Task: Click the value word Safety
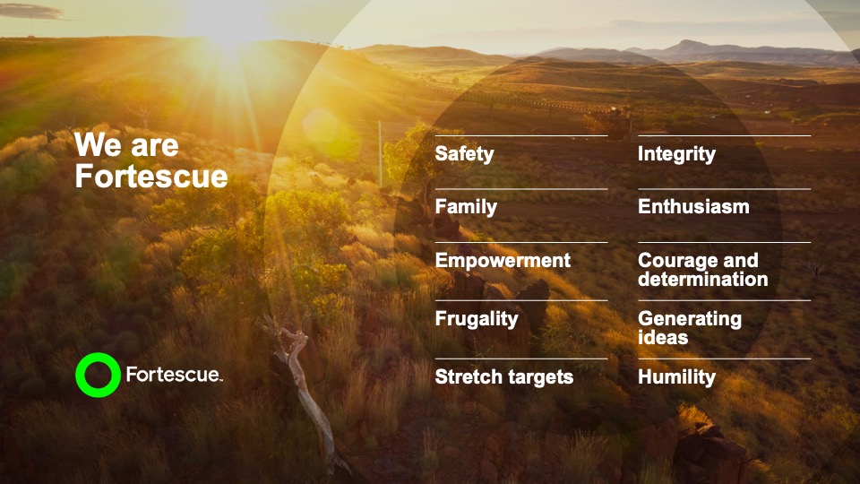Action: pos(464,154)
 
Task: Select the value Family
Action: pos(466,207)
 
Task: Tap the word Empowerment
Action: pos(503,261)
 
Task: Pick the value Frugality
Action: pos(477,319)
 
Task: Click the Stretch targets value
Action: pos(503,377)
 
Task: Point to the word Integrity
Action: pos(676,154)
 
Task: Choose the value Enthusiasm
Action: pos(693,207)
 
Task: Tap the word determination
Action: pos(702,280)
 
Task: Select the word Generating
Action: pos(690,319)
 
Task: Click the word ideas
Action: pos(663,338)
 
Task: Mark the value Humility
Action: pos(676,377)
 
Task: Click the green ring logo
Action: pos(98,375)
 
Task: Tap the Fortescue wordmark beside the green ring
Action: pos(172,375)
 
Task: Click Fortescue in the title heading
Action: pos(150,177)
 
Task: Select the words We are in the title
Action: pos(126,146)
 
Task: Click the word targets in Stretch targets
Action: pos(540,377)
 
